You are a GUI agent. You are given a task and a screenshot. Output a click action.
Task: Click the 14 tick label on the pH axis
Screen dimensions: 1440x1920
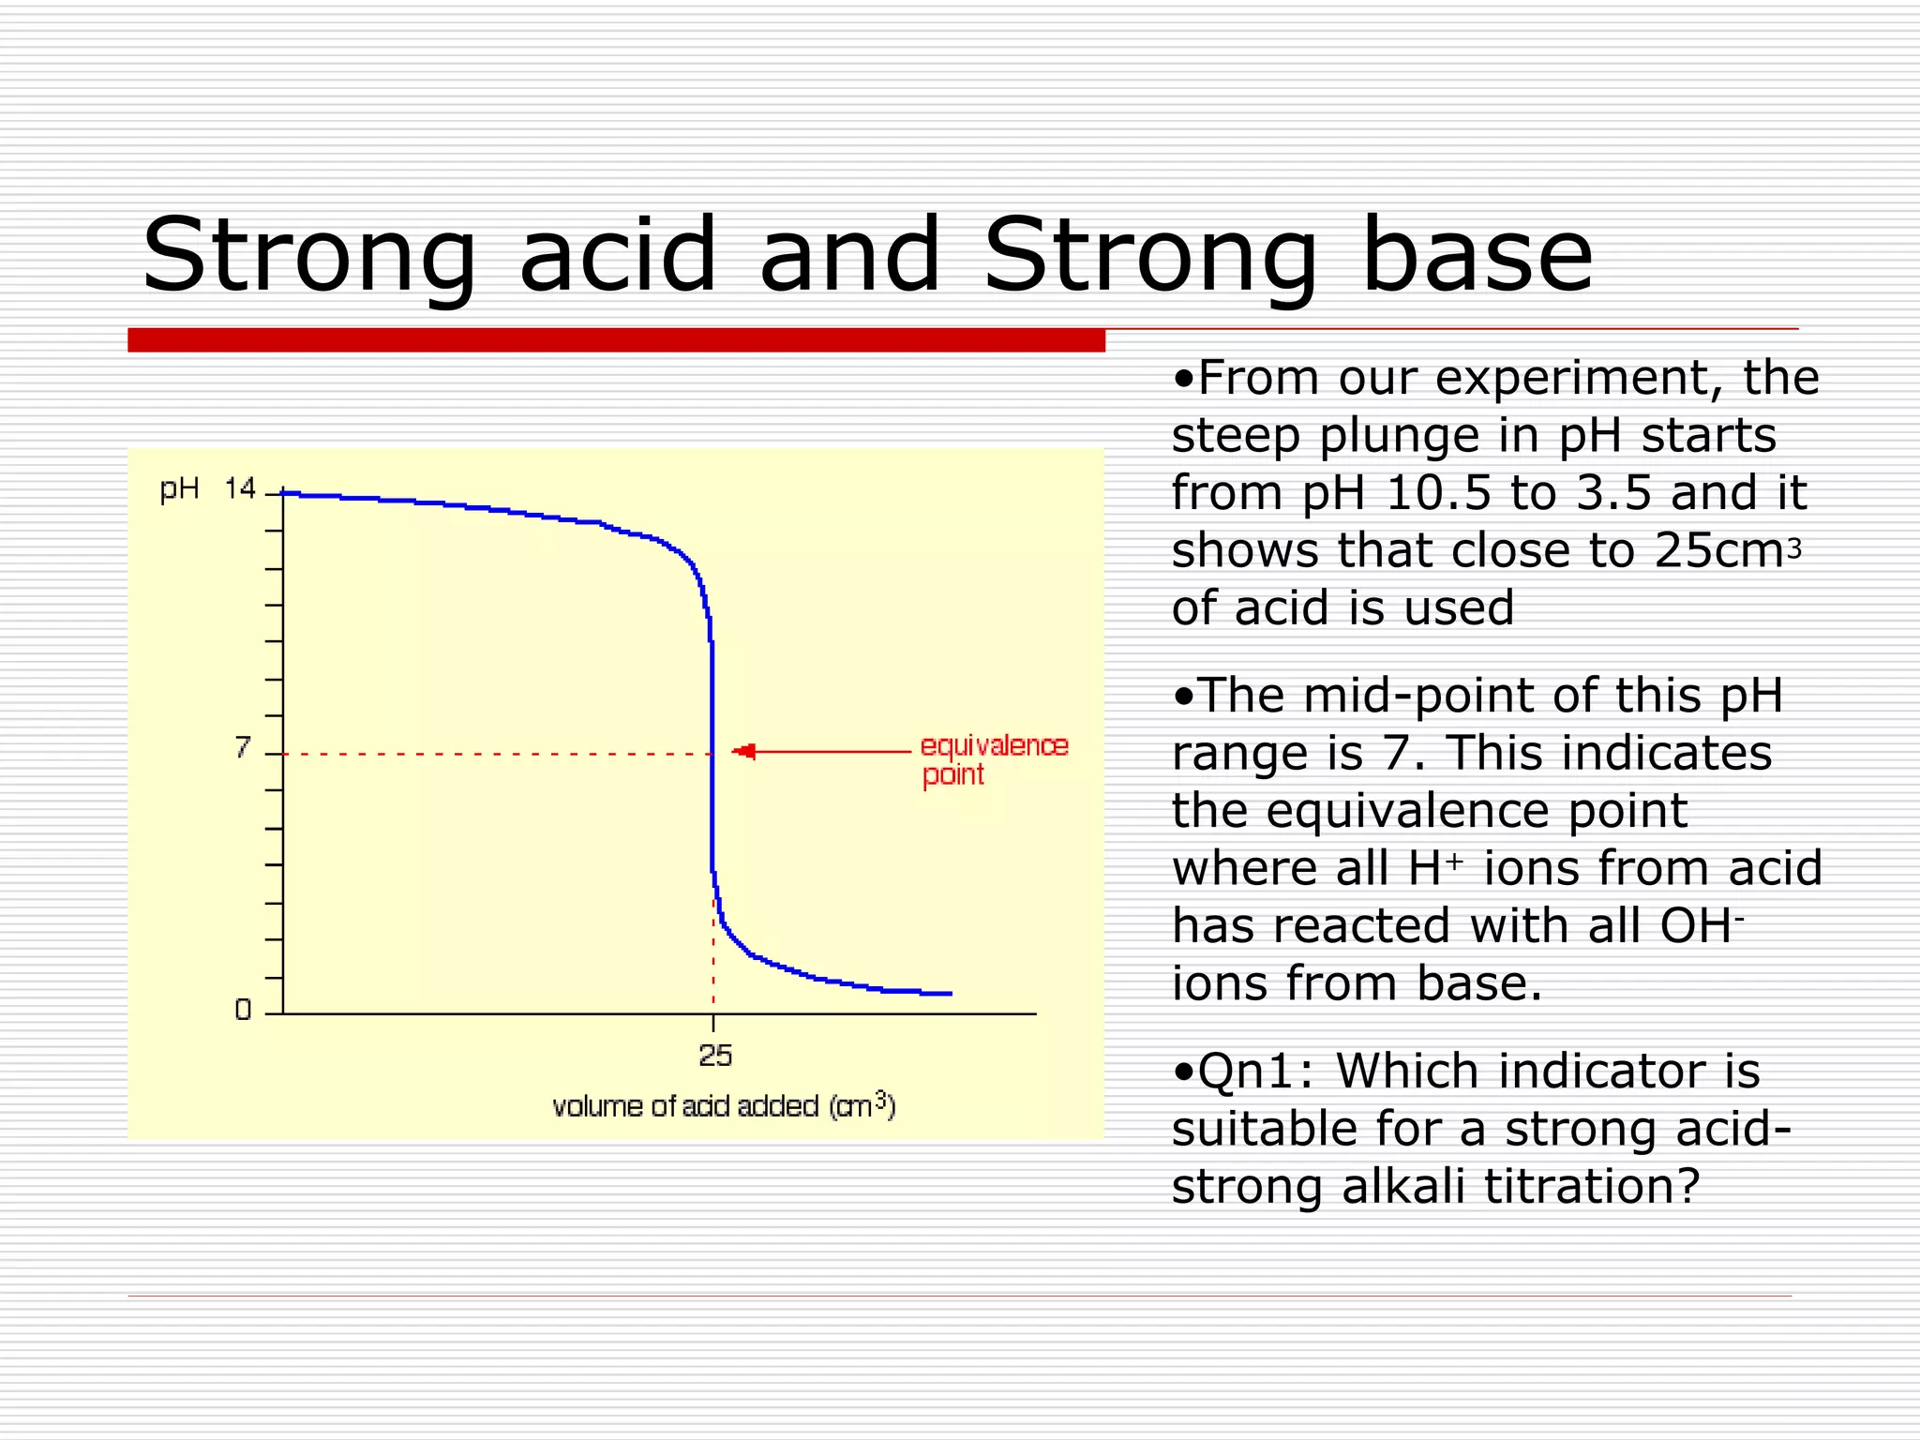(x=240, y=488)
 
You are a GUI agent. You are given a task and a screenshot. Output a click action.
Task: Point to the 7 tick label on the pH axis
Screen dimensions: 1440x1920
(x=243, y=748)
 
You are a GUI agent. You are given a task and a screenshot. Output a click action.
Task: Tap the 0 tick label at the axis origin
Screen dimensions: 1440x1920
(x=243, y=1010)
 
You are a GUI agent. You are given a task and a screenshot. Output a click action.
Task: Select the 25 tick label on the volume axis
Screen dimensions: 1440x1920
(x=715, y=1057)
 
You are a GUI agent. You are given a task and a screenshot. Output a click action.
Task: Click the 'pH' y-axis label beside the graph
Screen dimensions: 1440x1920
(x=179, y=489)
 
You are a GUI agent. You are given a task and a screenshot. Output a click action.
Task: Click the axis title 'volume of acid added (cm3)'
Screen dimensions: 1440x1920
(x=724, y=1106)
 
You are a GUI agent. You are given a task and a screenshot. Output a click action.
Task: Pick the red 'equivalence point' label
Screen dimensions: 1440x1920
(x=993, y=759)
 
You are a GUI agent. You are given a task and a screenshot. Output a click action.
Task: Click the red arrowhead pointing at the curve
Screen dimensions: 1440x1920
(x=744, y=751)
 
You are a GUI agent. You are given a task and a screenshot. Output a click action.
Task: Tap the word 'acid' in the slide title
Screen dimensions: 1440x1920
(x=618, y=256)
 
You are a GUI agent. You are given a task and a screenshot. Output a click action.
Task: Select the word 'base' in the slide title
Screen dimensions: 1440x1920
(x=1476, y=256)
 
